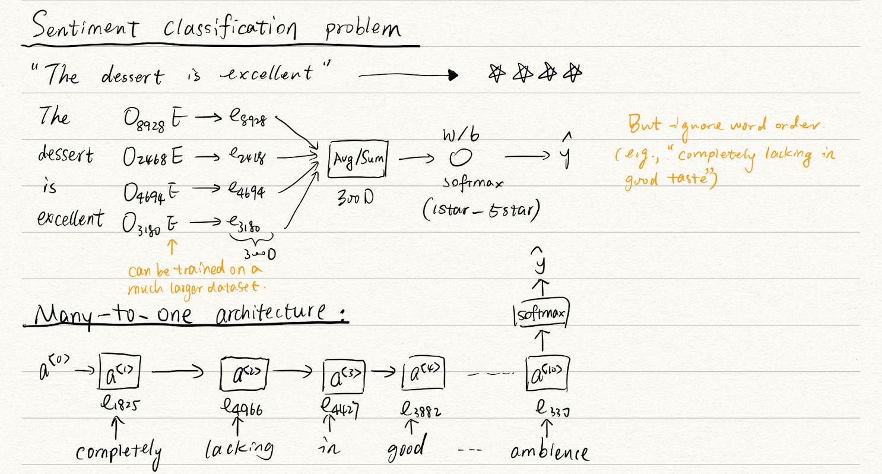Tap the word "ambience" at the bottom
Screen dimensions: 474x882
550,453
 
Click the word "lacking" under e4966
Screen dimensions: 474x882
240,450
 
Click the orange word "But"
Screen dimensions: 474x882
641,125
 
